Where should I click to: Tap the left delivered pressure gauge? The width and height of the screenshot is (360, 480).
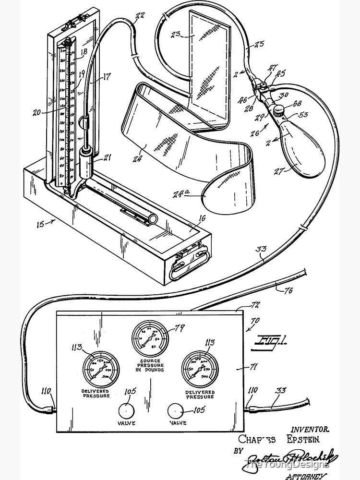tap(99, 370)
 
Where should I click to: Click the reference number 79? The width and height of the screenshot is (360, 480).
tap(180, 328)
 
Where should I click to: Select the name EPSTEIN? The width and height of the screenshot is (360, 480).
tap(304, 439)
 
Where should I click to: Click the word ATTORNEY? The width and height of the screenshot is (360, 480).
tap(306, 477)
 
